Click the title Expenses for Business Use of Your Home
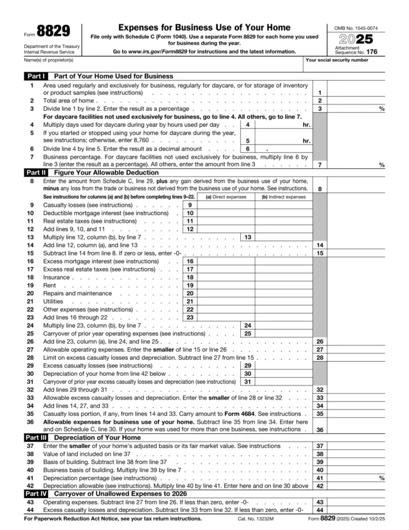pos(204,28)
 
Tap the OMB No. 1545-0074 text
pos(356,28)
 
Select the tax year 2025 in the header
pos(357,39)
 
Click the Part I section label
pos(35,76)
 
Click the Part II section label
pos(36,172)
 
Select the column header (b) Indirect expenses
pos(283,197)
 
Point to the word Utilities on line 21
pos(53,301)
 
